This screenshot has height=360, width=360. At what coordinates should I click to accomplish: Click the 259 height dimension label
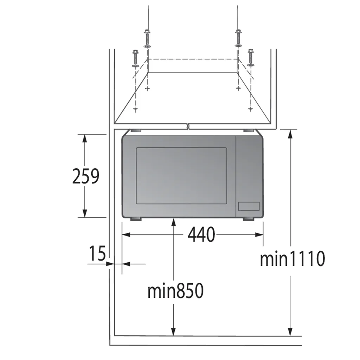[86, 176]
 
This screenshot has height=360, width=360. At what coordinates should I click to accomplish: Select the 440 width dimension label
[201, 234]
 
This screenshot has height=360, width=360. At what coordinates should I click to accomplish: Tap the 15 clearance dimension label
[97, 253]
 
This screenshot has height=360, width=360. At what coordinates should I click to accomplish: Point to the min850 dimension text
[175, 291]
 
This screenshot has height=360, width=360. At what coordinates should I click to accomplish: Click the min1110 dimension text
[292, 258]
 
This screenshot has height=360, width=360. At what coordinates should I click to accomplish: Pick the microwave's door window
[181, 176]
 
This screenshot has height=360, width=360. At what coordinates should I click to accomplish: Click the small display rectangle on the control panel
[249, 206]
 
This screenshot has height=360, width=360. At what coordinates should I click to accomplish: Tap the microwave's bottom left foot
[136, 219]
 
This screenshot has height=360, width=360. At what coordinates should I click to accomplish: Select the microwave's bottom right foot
[249, 219]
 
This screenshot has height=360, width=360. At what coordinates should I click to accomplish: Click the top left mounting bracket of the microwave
[135, 131]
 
